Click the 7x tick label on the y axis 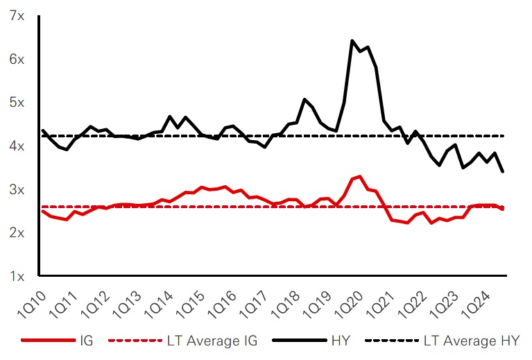(x=16, y=15)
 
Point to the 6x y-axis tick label (x=16, y=59)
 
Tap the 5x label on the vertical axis (x=16, y=102)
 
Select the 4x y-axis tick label (x=16, y=146)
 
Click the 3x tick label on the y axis (x=16, y=189)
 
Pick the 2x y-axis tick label (x=16, y=232)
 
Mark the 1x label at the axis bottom (x=16, y=276)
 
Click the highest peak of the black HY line (x=352, y=41)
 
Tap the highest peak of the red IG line (x=360, y=176)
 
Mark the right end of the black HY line (x=502, y=171)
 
